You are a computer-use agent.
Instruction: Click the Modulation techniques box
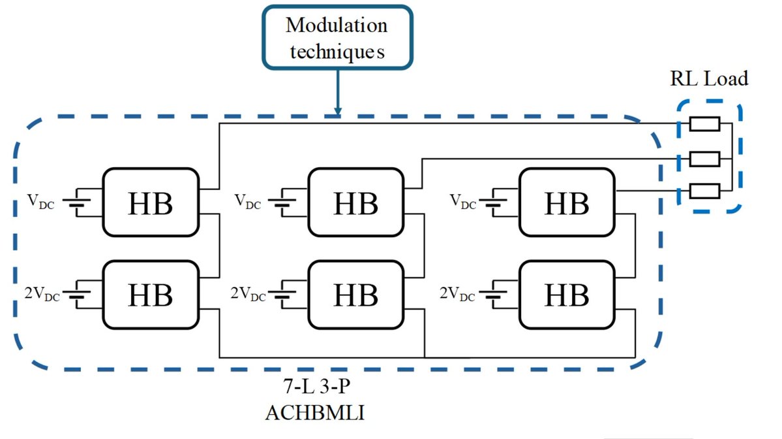(x=337, y=37)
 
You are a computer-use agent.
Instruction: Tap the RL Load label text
(x=708, y=80)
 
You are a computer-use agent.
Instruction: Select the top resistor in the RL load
(x=704, y=124)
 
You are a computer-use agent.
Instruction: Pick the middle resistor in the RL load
(x=704, y=158)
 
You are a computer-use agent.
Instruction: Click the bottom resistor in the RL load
(x=704, y=191)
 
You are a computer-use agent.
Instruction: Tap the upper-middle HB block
(x=355, y=203)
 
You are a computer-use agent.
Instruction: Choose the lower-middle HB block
(x=355, y=295)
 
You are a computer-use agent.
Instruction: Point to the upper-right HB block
(x=566, y=203)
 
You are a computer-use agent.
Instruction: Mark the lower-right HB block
(x=566, y=295)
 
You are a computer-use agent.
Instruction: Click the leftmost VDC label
(x=40, y=203)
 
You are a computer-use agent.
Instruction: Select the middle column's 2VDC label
(x=248, y=295)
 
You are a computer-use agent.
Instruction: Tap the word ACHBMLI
(x=318, y=414)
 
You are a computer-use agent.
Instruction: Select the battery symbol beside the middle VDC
(x=285, y=203)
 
